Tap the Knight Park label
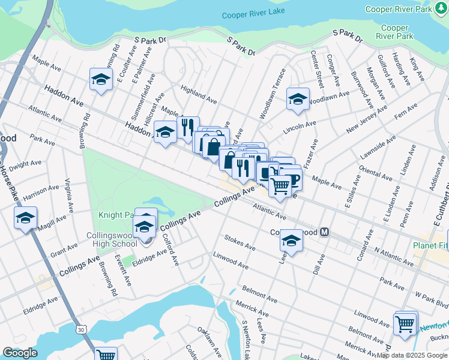point(115,214)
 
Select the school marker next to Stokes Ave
point(291,241)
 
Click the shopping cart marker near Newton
point(405,324)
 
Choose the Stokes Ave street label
point(240,242)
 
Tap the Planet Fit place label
point(430,245)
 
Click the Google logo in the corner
point(19,353)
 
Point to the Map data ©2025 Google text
point(412,355)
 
